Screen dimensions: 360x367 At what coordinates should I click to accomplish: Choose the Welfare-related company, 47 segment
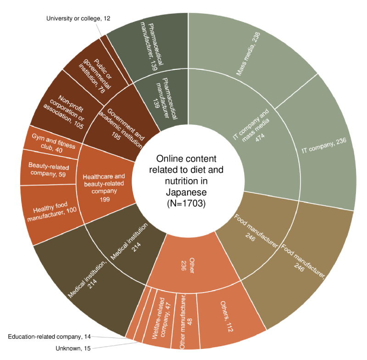[163, 317]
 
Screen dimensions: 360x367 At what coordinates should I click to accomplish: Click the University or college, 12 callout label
[78, 18]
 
